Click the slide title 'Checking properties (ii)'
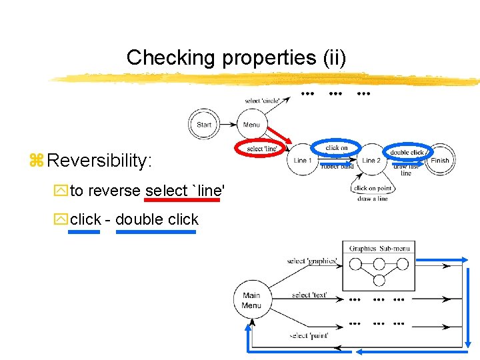[x=236, y=58]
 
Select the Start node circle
[x=204, y=125]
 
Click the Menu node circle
[x=251, y=125]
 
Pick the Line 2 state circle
[x=371, y=161]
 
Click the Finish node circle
[x=440, y=161]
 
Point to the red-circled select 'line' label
[x=261, y=148]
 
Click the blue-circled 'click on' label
[x=337, y=147]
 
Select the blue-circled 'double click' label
[x=407, y=152]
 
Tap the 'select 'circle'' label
[x=263, y=101]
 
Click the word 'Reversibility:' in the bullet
[x=100, y=161]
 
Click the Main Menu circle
[x=251, y=301]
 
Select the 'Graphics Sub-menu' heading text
[x=379, y=249]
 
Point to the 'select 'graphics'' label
[x=311, y=261]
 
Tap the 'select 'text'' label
[x=309, y=295]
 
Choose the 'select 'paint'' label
[x=309, y=335]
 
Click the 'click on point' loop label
[x=373, y=189]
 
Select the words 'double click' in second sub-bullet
[x=157, y=219]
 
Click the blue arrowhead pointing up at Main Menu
[x=249, y=324]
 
